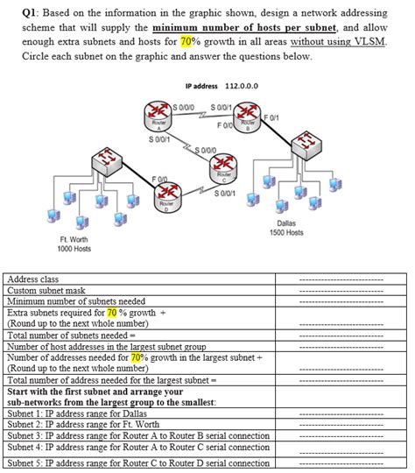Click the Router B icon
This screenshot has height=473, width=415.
click(247, 117)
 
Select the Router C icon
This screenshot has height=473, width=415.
click(223, 168)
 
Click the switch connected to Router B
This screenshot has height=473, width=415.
click(306, 145)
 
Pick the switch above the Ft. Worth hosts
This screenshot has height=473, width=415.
click(107, 162)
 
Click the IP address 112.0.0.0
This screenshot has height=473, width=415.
click(242, 86)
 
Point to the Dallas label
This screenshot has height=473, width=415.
click(286, 223)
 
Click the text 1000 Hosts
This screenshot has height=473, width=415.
click(74, 249)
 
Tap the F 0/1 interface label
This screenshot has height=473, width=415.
click(271, 117)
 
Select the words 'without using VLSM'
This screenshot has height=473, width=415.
click(337, 41)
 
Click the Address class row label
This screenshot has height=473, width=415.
click(33, 279)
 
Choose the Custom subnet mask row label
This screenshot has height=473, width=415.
click(46, 290)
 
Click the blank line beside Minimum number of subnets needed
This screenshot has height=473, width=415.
click(341, 301)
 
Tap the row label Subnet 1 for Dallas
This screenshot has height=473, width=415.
click(77, 413)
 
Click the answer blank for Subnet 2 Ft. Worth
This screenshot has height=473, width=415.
click(341, 426)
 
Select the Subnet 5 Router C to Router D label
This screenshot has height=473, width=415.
click(138, 462)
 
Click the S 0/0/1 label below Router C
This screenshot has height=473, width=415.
click(225, 194)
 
